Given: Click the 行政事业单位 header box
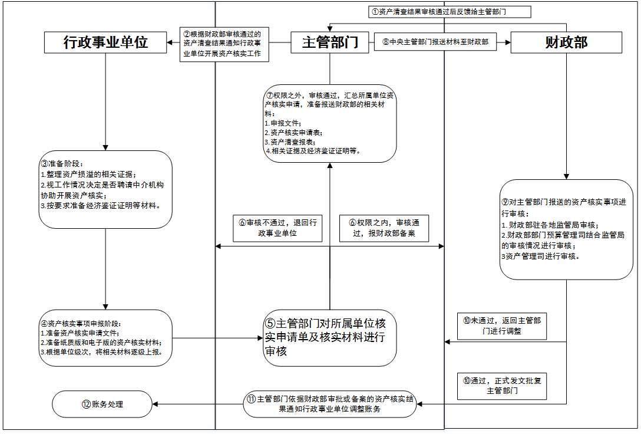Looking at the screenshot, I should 106,42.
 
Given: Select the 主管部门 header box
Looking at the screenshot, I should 330,42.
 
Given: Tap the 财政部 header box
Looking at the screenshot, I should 566,42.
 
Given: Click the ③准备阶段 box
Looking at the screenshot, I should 106,189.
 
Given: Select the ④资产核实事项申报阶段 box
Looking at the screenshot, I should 106,338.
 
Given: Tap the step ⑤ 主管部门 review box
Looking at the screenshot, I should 329,338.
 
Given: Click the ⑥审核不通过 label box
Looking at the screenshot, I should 278,228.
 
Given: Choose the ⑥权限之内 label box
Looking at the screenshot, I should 384,228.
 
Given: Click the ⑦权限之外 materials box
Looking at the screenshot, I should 330,123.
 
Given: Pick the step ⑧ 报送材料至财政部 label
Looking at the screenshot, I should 435,42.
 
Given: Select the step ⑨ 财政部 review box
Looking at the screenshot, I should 566,229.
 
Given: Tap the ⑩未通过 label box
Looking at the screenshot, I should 502,326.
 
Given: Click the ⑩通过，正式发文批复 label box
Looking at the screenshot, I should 502,385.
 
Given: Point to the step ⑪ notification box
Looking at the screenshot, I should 330,404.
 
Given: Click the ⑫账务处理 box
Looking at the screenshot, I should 103,405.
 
